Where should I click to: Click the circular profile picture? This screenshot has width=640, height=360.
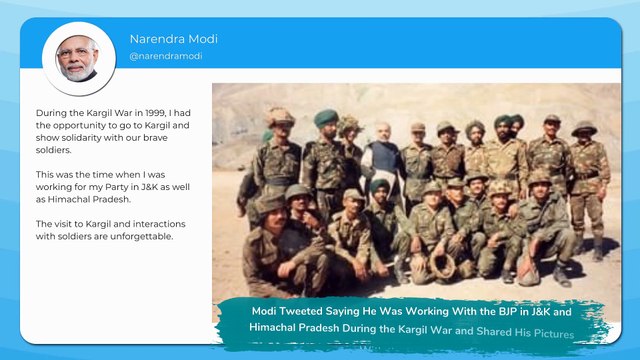click(x=78, y=58)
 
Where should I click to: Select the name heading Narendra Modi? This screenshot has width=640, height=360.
click(x=173, y=39)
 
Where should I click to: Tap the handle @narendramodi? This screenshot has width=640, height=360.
click(x=166, y=56)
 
